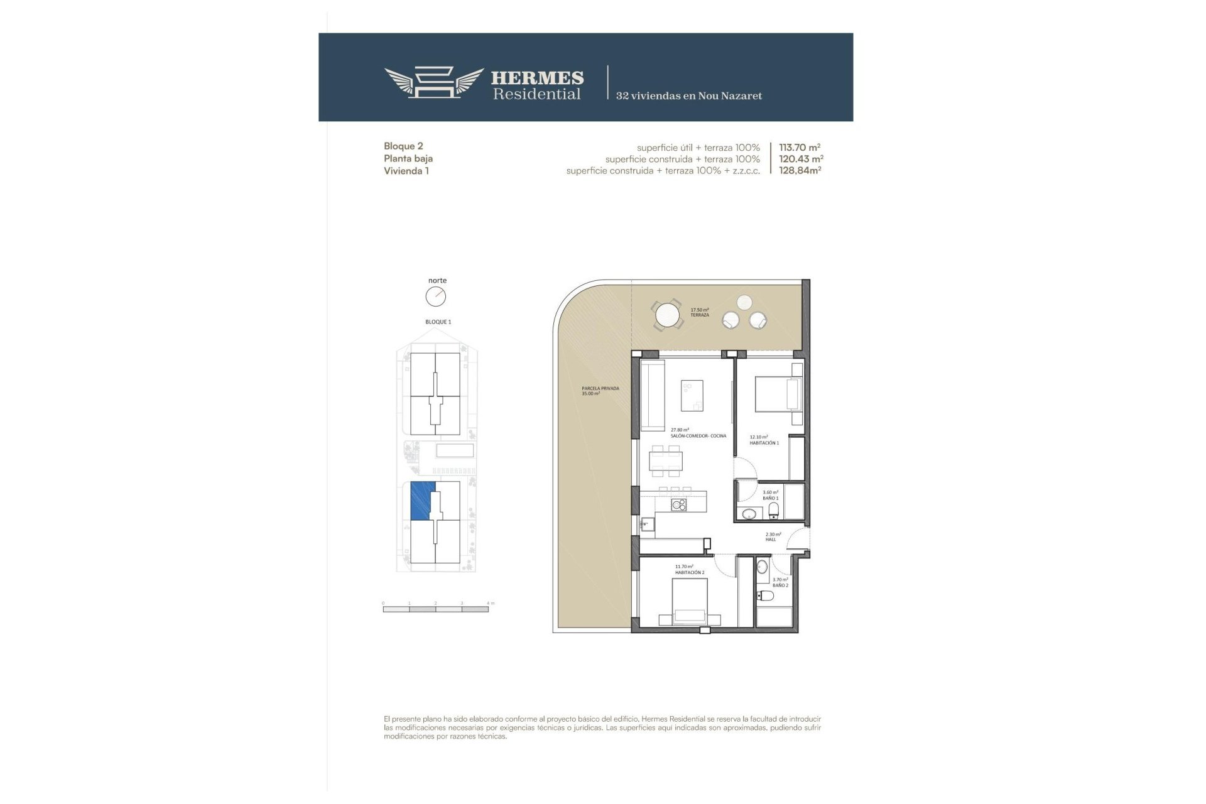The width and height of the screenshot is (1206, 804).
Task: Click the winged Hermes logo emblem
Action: point(433,82)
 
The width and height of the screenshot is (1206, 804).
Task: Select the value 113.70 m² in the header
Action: point(800,148)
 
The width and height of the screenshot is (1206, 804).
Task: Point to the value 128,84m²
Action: point(800,170)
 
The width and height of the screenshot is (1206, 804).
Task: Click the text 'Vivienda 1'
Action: point(406,170)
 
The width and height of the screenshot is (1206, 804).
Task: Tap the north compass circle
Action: point(435,296)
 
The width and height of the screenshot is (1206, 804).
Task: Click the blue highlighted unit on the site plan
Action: point(421,501)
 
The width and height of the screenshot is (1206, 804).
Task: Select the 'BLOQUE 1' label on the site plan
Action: point(438,322)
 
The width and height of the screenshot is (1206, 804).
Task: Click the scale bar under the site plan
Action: point(435,609)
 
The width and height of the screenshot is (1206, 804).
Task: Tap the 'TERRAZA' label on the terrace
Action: point(700,315)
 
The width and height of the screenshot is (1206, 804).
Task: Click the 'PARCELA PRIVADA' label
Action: point(600,389)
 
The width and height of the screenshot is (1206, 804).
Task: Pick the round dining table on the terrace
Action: point(666,314)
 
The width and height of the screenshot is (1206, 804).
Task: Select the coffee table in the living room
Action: point(692,396)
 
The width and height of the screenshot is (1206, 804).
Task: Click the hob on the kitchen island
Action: point(679,504)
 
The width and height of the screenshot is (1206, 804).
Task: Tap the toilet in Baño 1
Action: point(774,510)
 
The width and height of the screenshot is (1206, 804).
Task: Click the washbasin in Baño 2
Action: point(762,567)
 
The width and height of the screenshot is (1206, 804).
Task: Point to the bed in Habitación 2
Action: point(690,602)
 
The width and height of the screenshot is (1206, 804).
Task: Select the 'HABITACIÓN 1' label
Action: point(764,443)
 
